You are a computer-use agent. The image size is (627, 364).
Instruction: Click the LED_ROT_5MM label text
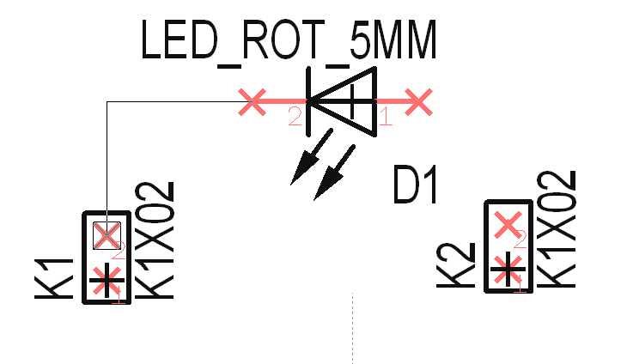coord(289,40)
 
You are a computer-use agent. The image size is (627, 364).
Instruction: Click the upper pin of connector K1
coord(106,234)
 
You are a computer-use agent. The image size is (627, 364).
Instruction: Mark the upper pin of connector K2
coord(509,225)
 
